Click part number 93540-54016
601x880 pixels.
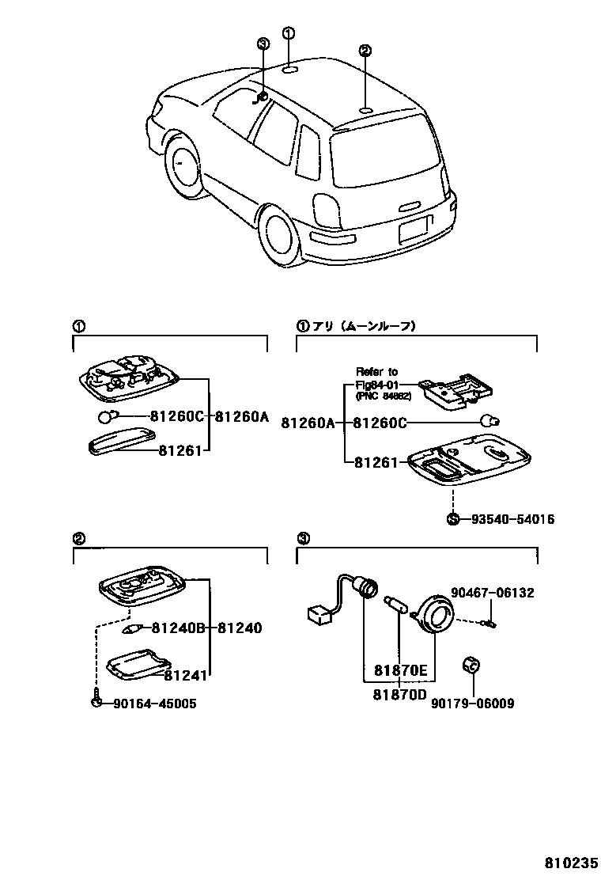pos(512,520)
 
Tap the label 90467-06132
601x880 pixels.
pos(493,593)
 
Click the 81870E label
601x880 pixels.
pos(401,671)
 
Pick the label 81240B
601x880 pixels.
pos(178,628)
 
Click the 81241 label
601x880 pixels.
pos(186,675)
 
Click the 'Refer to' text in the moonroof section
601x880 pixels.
pos(376,371)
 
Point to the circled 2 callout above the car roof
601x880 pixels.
pos(365,51)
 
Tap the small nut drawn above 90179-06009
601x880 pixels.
pos(471,665)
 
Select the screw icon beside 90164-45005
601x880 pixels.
pos(96,702)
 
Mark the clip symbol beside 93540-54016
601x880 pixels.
pos(452,519)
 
